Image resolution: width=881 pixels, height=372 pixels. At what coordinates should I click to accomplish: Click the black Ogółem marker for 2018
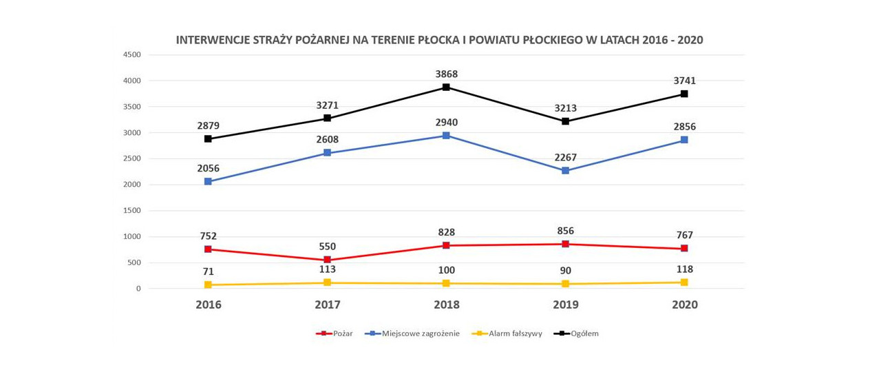[446, 87]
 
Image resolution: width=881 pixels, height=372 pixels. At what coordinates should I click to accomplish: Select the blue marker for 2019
[565, 171]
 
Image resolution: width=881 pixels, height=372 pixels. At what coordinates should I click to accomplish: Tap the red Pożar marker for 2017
[327, 260]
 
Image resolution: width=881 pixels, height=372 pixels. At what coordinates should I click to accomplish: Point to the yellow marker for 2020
[684, 282]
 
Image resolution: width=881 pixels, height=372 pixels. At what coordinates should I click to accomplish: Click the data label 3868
[446, 74]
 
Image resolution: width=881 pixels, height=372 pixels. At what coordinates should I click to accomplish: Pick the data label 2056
[208, 167]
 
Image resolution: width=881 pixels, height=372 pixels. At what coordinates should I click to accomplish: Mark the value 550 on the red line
[327, 247]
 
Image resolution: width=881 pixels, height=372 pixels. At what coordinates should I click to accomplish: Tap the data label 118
[684, 269]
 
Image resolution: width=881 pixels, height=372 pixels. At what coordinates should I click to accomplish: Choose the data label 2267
[565, 157]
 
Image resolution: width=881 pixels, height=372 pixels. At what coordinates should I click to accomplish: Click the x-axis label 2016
[208, 304]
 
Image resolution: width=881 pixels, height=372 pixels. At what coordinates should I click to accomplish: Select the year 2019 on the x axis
[565, 304]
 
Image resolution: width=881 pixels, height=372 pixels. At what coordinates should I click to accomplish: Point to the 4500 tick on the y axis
[131, 55]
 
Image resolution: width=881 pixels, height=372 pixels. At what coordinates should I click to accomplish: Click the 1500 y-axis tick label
[131, 211]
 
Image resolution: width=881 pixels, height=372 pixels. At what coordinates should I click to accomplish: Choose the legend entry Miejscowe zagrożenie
[415, 333]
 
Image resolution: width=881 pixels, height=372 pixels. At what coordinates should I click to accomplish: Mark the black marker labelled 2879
[208, 139]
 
